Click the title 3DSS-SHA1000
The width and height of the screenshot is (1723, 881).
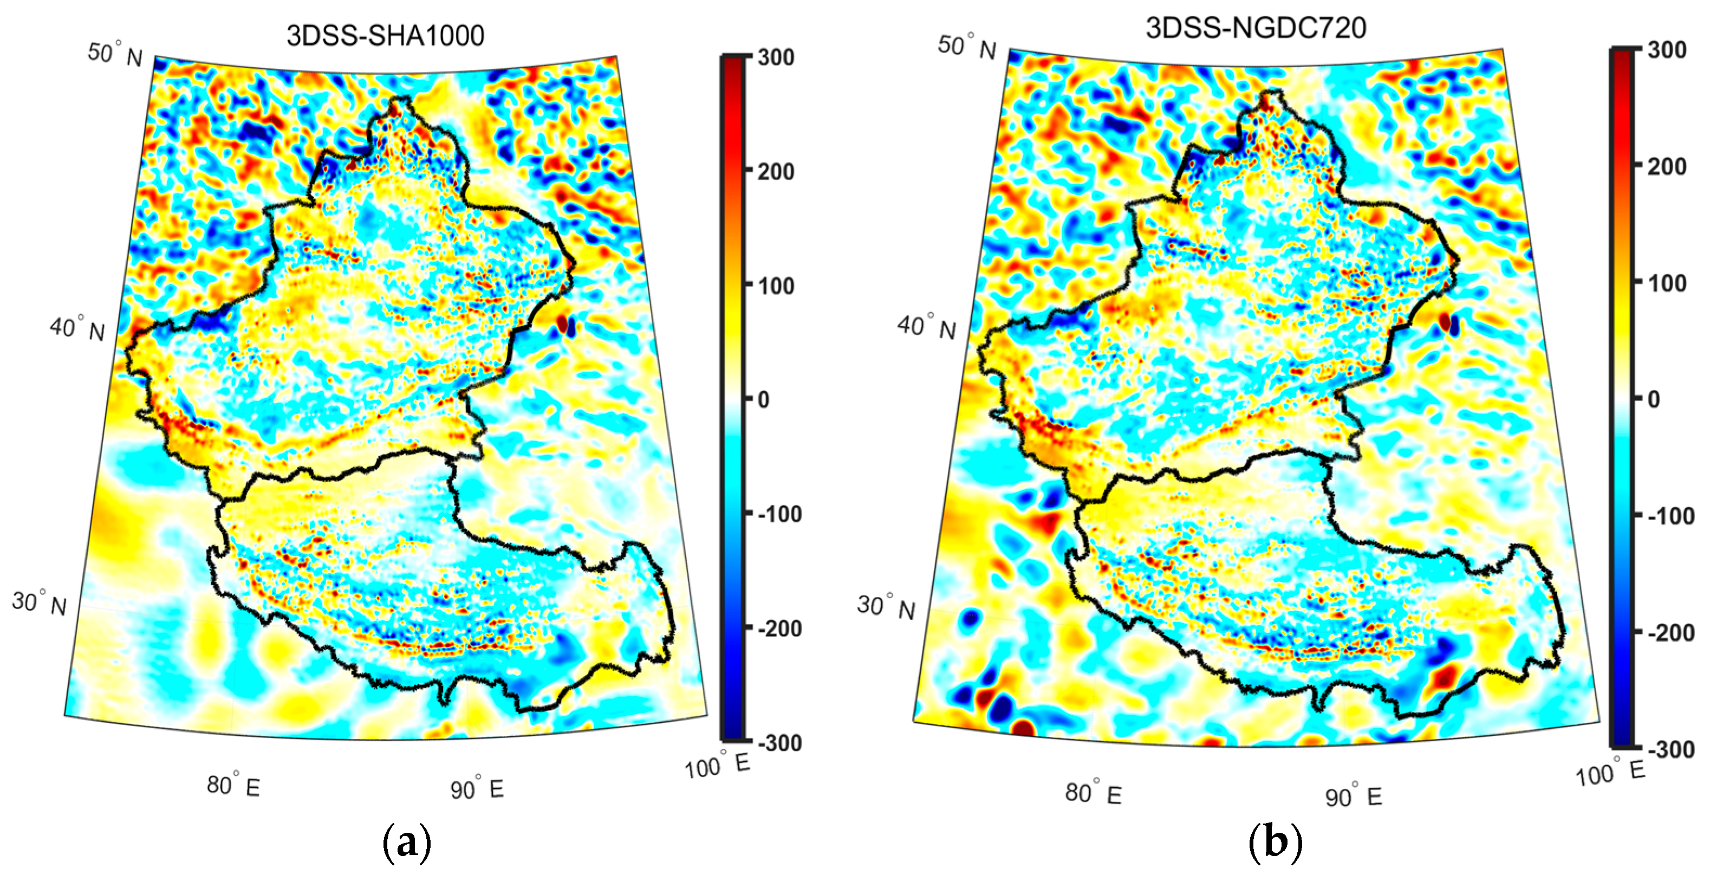pyautogui.click(x=385, y=35)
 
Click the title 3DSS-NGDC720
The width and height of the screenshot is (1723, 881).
pyautogui.click(x=1256, y=28)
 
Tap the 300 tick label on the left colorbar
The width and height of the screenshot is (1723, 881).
pyautogui.click(x=776, y=57)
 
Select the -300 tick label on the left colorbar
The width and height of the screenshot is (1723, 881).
pyautogui.click(x=779, y=743)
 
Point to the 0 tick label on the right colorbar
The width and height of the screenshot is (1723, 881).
pyautogui.click(x=1654, y=399)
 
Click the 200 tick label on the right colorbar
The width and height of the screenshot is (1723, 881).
pyautogui.click(x=1667, y=166)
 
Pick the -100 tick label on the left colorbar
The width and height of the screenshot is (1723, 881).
pyautogui.click(x=779, y=514)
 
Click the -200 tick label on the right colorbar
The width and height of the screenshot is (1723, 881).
pyautogui.click(x=1670, y=633)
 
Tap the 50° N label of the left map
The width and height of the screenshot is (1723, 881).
pyautogui.click(x=115, y=54)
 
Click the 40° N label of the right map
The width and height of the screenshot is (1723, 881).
pyautogui.click(x=926, y=327)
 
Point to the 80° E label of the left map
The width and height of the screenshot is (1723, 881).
pyautogui.click(x=233, y=785)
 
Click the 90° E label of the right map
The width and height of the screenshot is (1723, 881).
pyautogui.click(x=1353, y=795)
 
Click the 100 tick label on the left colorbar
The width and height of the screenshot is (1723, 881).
pyautogui.click(x=776, y=286)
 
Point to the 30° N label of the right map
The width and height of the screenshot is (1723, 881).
pyautogui.click(x=886, y=607)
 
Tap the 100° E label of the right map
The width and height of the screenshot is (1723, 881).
pyautogui.click(x=1609, y=773)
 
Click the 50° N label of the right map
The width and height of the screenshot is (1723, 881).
pyautogui.click(x=966, y=46)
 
